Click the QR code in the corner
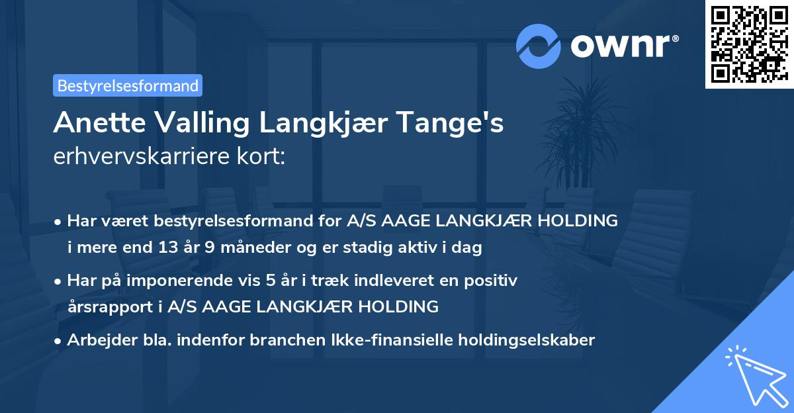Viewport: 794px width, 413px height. pyautogui.click(x=749, y=44)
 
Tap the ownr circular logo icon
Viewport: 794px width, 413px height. pyautogui.click(x=539, y=46)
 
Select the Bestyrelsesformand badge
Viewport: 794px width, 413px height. pyautogui.click(x=128, y=85)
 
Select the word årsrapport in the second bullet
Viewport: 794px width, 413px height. pyautogui.click(x=106, y=306)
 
